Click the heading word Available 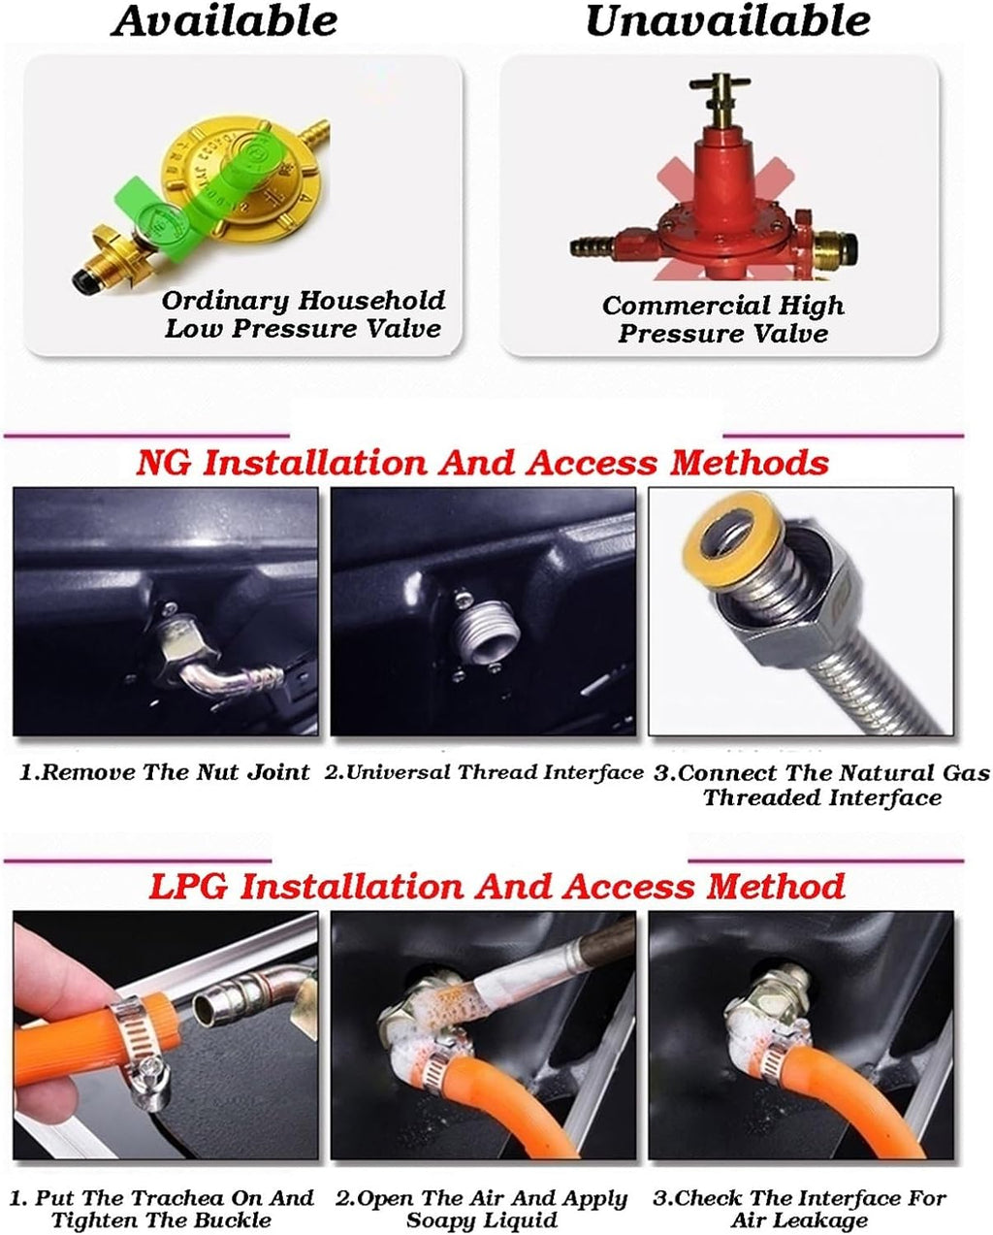[x=224, y=21]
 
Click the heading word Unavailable [x=727, y=21]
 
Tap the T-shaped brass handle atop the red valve [x=720, y=92]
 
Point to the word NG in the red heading [x=163, y=463]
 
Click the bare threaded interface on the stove [x=488, y=633]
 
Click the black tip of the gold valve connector [x=83, y=280]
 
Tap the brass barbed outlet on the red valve [x=592, y=247]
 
